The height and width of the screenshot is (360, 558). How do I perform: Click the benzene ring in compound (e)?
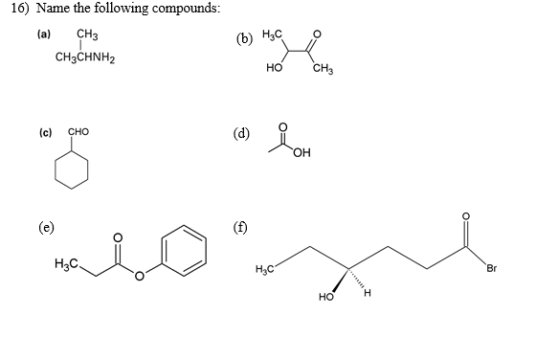[x=184, y=248]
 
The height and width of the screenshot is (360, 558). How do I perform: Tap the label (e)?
[x=44, y=228]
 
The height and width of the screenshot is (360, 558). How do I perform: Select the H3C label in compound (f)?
[x=269, y=267]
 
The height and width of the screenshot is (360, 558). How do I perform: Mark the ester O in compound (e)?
[x=138, y=278]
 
